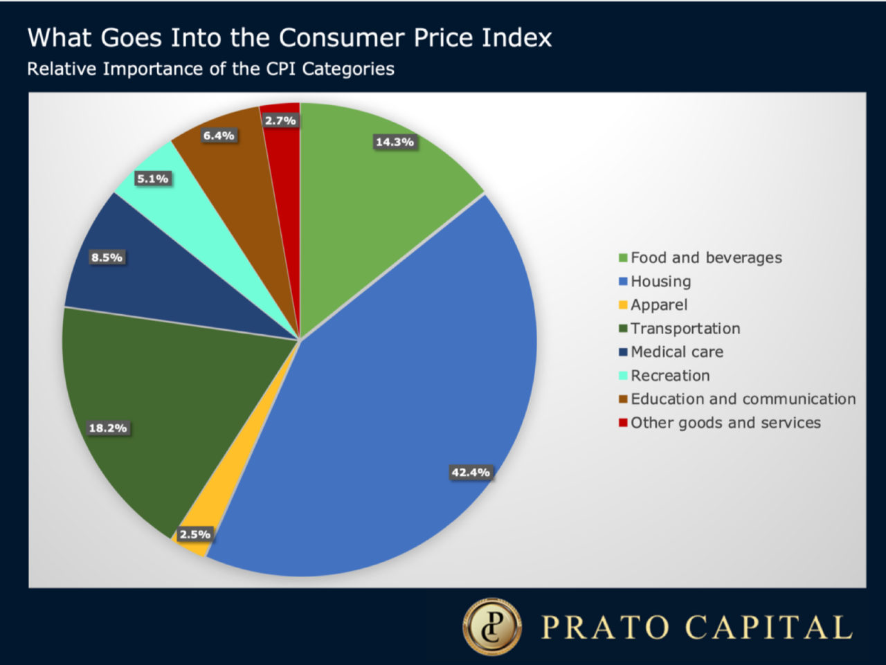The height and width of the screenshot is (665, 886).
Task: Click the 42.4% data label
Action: (x=471, y=473)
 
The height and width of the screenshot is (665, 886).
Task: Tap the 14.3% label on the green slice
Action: (x=395, y=142)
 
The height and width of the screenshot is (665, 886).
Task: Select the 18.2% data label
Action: (x=108, y=428)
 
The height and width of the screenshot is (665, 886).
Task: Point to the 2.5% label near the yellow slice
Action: (x=195, y=534)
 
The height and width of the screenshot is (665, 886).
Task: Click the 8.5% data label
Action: (x=107, y=257)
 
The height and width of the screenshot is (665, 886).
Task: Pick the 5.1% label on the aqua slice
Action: (x=152, y=179)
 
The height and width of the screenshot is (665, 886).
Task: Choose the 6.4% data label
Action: (x=219, y=136)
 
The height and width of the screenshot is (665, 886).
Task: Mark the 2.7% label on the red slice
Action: (x=280, y=120)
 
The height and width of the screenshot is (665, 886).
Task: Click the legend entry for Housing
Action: (x=660, y=282)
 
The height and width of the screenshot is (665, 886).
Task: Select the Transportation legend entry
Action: (x=685, y=329)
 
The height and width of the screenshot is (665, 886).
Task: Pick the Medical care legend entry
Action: (x=676, y=352)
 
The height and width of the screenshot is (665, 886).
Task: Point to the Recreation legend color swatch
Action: (x=623, y=376)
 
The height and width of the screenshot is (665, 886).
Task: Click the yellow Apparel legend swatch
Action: (x=623, y=305)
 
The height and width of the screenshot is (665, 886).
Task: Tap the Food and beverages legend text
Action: (x=706, y=258)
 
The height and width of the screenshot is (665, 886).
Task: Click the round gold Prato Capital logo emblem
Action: (x=492, y=627)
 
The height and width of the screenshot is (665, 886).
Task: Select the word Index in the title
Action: (x=516, y=37)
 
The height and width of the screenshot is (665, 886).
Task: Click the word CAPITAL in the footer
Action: (x=768, y=628)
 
